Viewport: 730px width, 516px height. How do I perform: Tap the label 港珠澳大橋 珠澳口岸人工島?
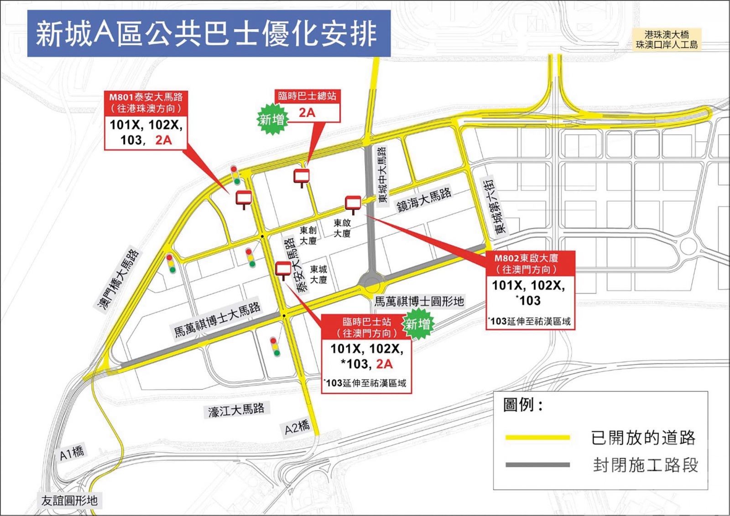pos(667,40)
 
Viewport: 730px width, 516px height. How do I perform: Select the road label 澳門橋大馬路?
pos(119,280)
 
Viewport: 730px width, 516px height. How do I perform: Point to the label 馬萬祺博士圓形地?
pos(419,302)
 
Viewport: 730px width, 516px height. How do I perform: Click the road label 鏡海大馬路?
pos(424,200)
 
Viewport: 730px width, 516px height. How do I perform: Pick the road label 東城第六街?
pos(494,206)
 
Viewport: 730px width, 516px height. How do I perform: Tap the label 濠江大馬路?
pos(236,410)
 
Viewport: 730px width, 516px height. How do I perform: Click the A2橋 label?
pos(297,427)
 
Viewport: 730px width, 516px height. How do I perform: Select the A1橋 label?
pos(72,453)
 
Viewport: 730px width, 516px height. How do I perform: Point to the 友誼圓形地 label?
pos(69,500)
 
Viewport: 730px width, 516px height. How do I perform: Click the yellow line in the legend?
pos(537,438)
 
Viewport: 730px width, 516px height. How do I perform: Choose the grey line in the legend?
pos(537,465)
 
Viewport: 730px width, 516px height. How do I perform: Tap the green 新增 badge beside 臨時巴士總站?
pos(272,120)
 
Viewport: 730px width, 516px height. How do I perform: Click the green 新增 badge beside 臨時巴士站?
pos(418,324)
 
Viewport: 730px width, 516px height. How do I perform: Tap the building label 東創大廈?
pos(308,235)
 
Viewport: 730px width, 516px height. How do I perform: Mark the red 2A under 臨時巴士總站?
pos(307,112)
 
